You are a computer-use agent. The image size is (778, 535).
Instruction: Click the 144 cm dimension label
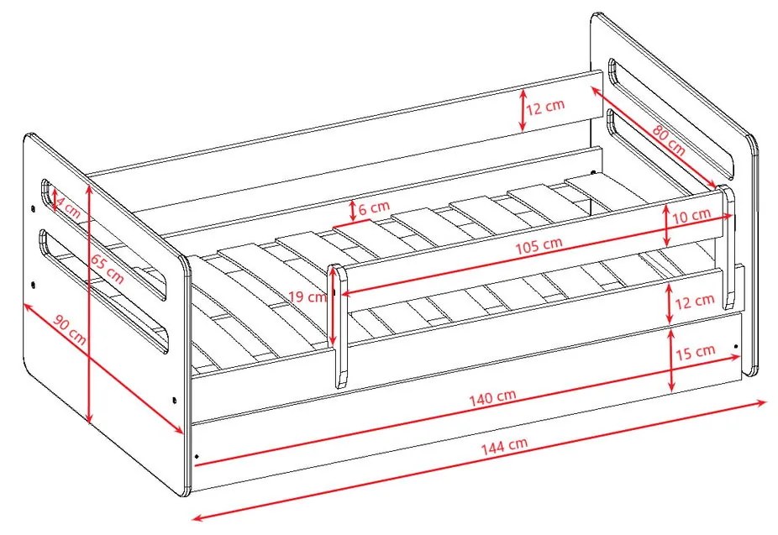tap(504, 446)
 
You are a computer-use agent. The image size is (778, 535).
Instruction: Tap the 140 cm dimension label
tap(492, 397)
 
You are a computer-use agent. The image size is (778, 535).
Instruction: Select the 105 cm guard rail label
tap(539, 245)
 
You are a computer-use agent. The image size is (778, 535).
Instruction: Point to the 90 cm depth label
tap(70, 330)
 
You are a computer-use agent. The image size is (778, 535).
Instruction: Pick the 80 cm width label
tap(669, 140)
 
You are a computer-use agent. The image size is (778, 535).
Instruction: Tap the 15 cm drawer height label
tap(695, 352)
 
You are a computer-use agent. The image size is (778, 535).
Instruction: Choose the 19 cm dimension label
tap(308, 297)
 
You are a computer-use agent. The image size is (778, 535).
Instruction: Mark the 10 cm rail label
tap(691, 216)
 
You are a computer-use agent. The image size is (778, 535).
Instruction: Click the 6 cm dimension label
tap(374, 207)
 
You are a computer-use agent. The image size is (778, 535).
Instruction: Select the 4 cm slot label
tap(67, 207)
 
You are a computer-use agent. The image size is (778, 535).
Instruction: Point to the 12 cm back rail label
tap(545, 107)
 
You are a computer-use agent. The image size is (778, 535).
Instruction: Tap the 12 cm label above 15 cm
tap(695, 301)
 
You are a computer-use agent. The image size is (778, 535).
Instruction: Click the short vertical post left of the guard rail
tap(339, 326)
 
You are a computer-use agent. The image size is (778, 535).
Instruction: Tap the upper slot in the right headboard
tap(670, 119)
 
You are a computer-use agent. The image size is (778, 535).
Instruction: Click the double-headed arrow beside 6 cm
tap(352, 211)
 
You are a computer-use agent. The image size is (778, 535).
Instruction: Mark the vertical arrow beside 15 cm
tap(670, 360)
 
